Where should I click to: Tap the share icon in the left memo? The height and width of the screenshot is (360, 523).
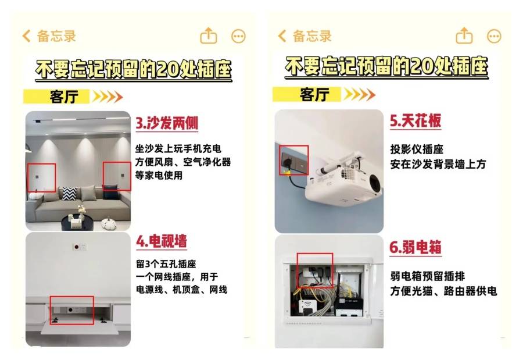209,35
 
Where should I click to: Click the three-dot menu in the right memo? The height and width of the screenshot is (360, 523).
494,36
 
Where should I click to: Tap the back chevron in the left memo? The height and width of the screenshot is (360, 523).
26,35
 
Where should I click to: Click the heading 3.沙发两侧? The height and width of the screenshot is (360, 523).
166,123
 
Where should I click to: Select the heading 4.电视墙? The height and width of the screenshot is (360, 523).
162,241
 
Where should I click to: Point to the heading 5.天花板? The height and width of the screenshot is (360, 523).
415,120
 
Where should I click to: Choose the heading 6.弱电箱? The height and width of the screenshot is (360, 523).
415,247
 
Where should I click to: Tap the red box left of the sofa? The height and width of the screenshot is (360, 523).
41,177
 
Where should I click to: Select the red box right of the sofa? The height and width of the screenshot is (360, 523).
117,176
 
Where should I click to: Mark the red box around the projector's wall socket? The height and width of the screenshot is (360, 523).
293,160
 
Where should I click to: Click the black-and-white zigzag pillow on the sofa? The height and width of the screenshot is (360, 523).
69,194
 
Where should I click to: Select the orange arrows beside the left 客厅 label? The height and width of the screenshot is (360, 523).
108,97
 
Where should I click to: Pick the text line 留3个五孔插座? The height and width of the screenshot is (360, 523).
166,264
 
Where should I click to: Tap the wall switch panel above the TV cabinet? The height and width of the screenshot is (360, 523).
80,247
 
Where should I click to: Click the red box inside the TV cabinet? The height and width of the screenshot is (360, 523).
71,310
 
